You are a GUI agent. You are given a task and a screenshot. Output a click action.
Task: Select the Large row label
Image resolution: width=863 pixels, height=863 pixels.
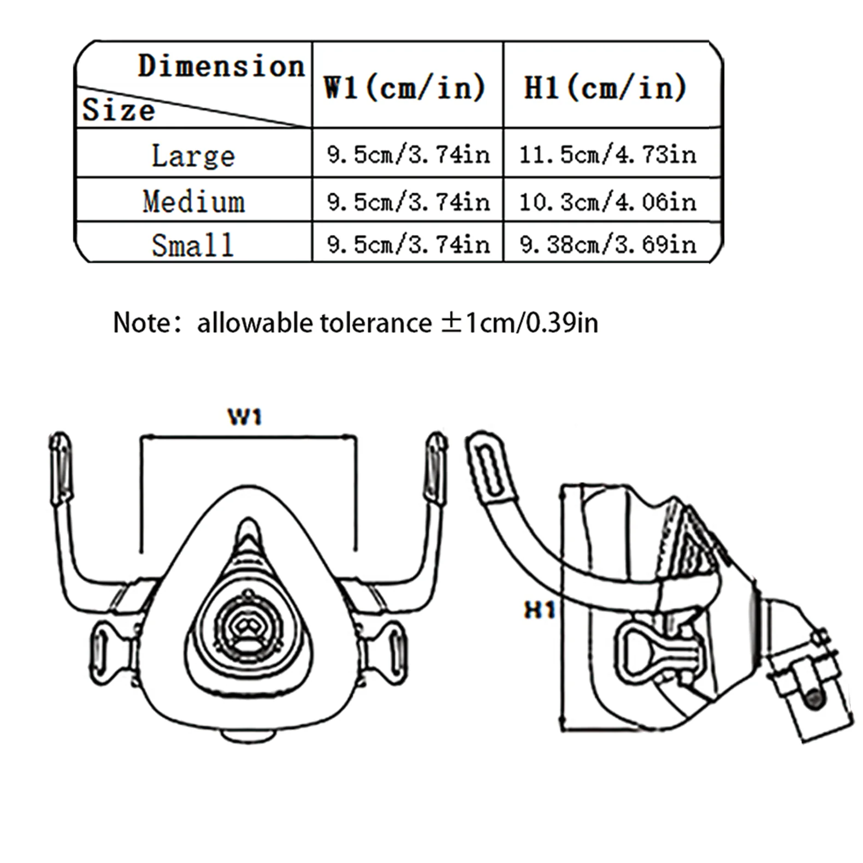pos(193,156)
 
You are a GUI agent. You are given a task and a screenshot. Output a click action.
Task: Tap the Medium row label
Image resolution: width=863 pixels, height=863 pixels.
pos(194,202)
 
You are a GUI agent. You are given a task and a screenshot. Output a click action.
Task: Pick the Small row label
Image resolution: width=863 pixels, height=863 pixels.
pos(193,245)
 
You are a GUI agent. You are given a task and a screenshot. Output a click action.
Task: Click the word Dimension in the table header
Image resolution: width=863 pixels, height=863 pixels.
pos(221,66)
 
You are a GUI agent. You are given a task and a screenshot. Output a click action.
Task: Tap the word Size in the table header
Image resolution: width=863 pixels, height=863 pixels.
pos(119,110)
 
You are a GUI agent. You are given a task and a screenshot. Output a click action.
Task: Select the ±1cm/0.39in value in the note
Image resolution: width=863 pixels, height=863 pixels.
pos(519,323)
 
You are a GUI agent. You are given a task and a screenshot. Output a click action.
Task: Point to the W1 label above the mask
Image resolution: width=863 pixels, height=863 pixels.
pos(245,417)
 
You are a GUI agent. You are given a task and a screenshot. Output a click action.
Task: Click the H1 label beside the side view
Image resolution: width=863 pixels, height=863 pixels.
pos(540,610)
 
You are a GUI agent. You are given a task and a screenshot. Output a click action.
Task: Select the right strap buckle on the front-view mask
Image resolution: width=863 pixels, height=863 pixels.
pos(390,653)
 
